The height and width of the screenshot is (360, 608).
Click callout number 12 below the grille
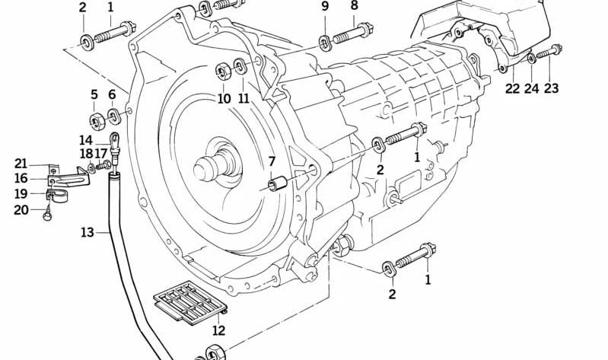(x=219, y=330)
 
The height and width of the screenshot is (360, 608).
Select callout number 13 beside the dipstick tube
(x=88, y=231)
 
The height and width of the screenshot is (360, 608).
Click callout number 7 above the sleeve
(x=271, y=161)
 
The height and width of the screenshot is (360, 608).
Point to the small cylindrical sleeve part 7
(x=278, y=184)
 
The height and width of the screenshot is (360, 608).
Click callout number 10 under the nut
(x=224, y=98)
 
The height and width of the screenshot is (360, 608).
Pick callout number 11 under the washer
(x=244, y=98)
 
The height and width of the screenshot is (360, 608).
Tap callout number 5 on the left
(x=94, y=95)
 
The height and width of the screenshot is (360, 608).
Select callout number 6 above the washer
(x=112, y=95)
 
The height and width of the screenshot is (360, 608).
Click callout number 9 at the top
(x=325, y=7)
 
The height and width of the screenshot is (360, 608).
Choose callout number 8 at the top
(x=354, y=7)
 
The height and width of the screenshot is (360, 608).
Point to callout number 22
(x=511, y=88)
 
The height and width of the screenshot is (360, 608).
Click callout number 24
(x=531, y=88)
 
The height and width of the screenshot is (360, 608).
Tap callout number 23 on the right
(x=551, y=88)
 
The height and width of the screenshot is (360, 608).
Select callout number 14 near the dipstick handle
(x=85, y=140)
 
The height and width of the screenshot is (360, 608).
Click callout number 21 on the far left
(x=21, y=164)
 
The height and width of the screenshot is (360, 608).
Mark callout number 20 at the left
(x=21, y=209)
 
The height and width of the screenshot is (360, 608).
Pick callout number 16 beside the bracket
(x=21, y=179)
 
